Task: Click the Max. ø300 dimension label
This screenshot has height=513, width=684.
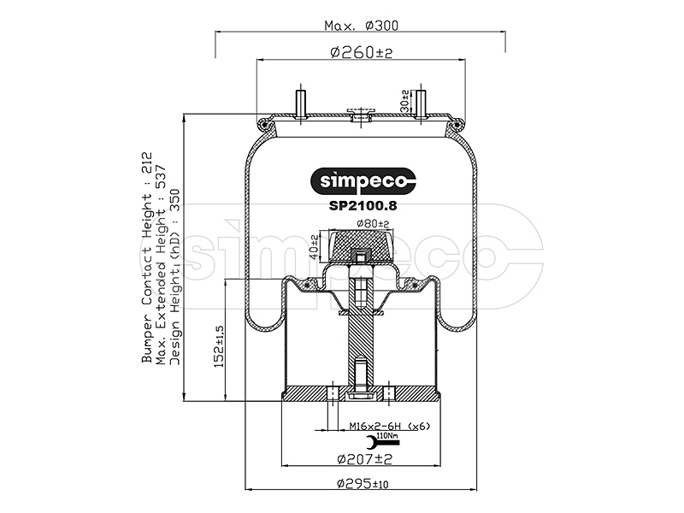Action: [361, 26]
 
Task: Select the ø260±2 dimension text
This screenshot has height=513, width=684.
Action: [362, 52]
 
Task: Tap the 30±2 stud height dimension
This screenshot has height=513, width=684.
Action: [404, 101]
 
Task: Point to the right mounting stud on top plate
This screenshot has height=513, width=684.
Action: [421, 103]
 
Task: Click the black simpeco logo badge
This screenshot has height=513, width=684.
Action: [363, 181]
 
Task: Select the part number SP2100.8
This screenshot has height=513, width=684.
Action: [363, 205]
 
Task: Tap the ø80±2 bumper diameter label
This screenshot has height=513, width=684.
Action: [373, 224]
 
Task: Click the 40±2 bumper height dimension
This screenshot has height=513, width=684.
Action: [314, 247]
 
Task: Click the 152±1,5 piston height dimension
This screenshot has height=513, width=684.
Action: [219, 346]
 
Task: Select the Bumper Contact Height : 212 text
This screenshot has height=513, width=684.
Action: [147, 257]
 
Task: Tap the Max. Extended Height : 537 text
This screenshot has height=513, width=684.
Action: [161, 265]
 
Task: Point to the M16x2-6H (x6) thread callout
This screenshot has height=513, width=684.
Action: [390, 426]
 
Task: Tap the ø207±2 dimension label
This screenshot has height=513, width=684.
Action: [365, 459]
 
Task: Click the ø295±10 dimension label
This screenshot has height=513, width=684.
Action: [363, 483]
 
